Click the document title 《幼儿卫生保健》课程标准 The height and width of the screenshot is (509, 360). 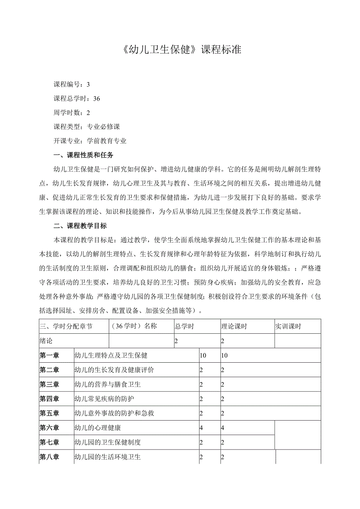(x=180, y=50)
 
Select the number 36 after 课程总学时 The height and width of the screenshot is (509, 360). (x=97, y=99)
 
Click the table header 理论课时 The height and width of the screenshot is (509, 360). (x=234, y=326)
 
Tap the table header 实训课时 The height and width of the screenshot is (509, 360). (x=288, y=326)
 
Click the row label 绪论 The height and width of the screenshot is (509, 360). (x=46, y=341)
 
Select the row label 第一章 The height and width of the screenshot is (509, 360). (x=49, y=355)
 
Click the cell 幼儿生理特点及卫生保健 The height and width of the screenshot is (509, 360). (x=111, y=355)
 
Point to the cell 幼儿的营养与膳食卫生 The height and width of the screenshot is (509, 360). (x=107, y=384)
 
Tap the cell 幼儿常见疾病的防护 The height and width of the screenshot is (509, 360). (x=104, y=399)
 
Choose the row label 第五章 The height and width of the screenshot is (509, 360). (x=49, y=413)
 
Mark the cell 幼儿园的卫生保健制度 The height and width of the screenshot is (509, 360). (x=107, y=442)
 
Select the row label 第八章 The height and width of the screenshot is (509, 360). (x=49, y=457)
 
